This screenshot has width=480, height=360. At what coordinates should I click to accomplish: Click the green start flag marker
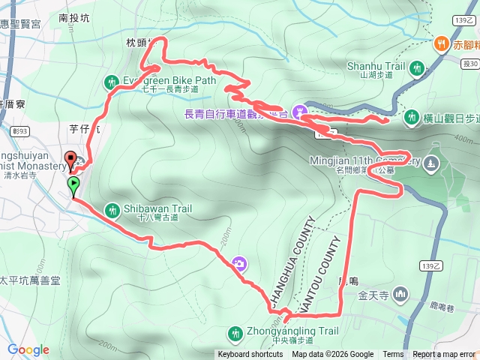pyautogui.click(x=74, y=185)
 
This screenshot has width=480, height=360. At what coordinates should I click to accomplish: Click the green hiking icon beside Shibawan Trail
pyautogui.click(x=112, y=209)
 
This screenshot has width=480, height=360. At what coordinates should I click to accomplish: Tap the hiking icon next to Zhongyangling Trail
pyautogui.click(x=235, y=331)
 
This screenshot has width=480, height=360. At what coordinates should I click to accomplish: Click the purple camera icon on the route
pyautogui.click(x=239, y=263)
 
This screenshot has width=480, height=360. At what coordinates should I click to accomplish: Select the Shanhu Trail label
pyautogui.click(x=376, y=66)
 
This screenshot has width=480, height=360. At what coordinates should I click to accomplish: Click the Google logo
pyautogui.click(x=28, y=349)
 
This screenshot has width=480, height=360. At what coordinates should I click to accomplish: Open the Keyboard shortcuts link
pyautogui.click(x=250, y=355)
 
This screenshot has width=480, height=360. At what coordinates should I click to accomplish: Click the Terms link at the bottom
pyautogui.click(x=393, y=355)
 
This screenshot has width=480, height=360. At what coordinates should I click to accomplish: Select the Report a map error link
pyautogui.click(x=444, y=355)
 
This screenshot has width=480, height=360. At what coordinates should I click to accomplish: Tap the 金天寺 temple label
pyautogui.click(x=373, y=292)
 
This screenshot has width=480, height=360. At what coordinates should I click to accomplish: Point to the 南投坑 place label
pyautogui.click(x=73, y=17)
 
